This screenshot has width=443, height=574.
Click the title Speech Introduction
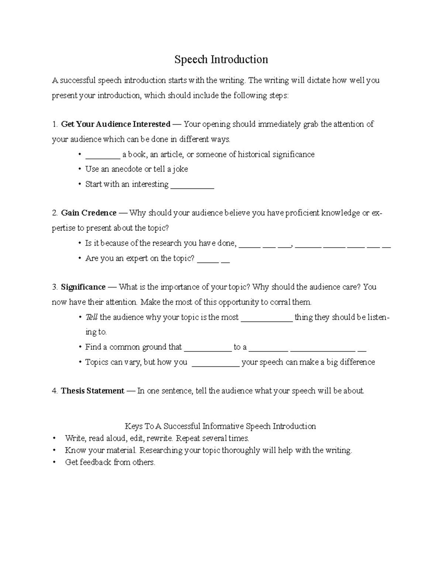pyautogui.click(x=221, y=60)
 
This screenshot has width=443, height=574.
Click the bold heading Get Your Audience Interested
pyautogui.click(x=116, y=124)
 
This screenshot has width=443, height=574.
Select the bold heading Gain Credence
pyautogui.click(x=89, y=213)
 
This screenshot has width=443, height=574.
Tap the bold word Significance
pyautogui.click(x=83, y=287)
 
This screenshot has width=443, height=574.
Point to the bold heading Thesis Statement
pyautogui.click(x=92, y=391)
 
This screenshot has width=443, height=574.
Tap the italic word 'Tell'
pyautogui.click(x=91, y=317)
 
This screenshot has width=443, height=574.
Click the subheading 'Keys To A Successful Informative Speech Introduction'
pyautogui.click(x=220, y=426)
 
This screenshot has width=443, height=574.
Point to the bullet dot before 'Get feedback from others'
pyautogui.click(x=55, y=462)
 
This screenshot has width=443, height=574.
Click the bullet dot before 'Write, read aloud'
pyautogui.click(x=55, y=439)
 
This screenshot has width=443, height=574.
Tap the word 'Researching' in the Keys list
pyautogui.click(x=161, y=450)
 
